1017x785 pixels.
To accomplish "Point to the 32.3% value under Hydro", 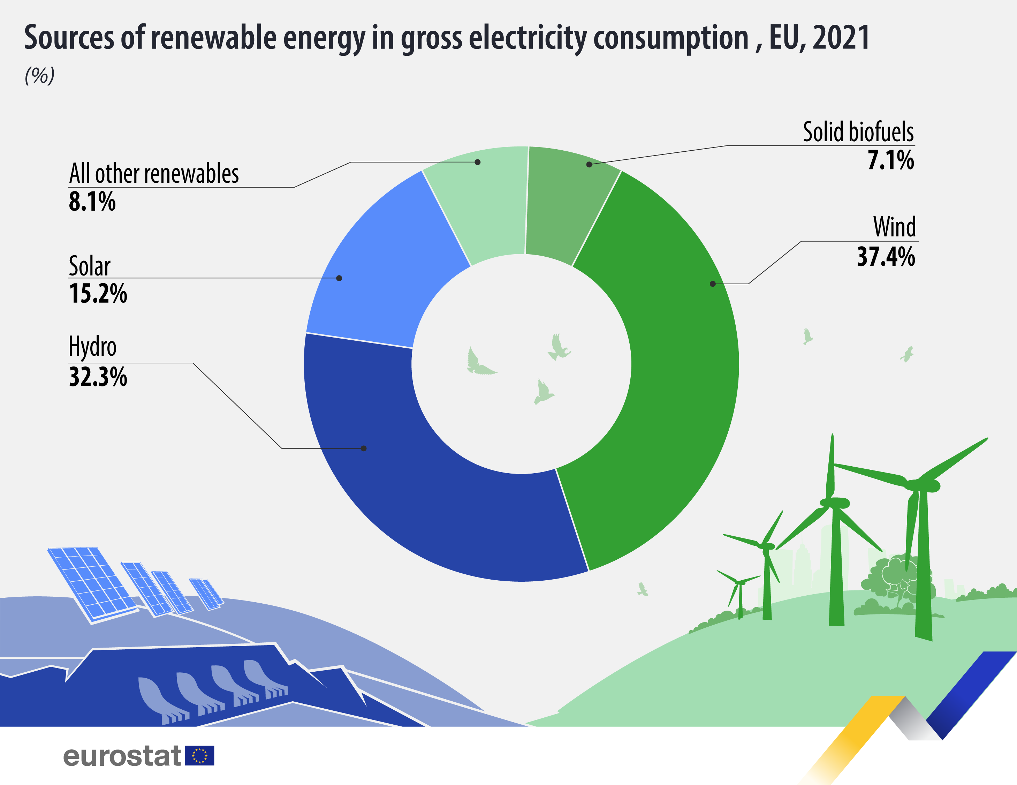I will pyautogui.click(x=98, y=377).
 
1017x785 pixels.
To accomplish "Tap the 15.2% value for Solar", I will pyautogui.click(x=98, y=294).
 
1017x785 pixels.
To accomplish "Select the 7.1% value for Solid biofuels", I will pyautogui.click(x=890, y=160).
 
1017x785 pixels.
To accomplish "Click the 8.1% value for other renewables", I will pyautogui.click(x=92, y=202).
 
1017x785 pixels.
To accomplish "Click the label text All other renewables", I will pyautogui.click(x=154, y=174).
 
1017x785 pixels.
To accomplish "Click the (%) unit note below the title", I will pyautogui.click(x=40, y=75).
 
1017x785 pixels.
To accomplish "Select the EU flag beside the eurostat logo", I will pyautogui.click(x=199, y=755).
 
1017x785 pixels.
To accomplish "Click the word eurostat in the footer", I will pyautogui.click(x=122, y=755).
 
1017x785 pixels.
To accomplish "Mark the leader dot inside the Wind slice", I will pyautogui.click(x=713, y=284).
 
